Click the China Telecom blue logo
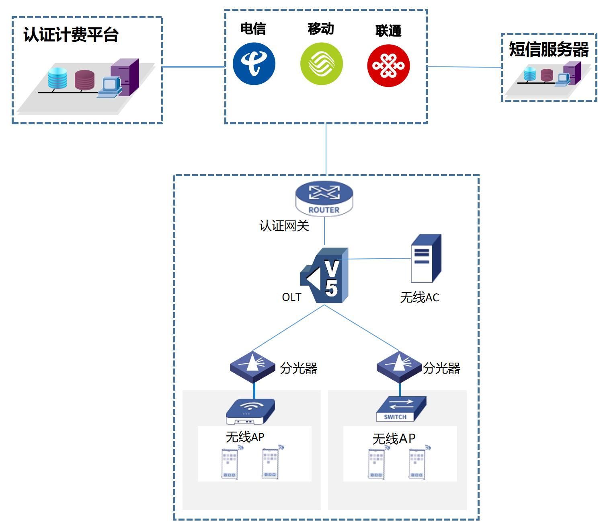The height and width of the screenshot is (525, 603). (x=254, y=64)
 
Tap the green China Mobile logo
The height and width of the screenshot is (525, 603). (x=321, y=64)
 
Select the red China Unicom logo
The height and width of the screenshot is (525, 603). (x=388, y=66)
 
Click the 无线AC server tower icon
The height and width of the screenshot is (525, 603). (x=426, y=259)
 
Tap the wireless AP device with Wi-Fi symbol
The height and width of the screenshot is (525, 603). (x=250, y=411)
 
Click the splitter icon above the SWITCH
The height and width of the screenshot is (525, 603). (x=400, y=366)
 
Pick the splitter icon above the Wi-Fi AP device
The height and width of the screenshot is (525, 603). (x=253, y=366)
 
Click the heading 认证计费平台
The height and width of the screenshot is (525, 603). (x=71, y=35)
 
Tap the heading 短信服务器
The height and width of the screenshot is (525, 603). (x=549, y=49)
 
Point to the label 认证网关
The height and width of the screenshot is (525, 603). (x=284, y=226)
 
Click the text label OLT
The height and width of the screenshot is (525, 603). (x=291, y=297)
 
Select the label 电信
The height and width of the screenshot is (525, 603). (x=253, y=29)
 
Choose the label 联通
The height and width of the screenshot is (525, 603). (x=388, y=31)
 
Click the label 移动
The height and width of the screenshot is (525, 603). (x=321, y=29)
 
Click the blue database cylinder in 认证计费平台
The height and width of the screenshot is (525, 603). (x=57, y=78)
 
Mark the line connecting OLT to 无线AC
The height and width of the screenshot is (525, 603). (x=378, y=259)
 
